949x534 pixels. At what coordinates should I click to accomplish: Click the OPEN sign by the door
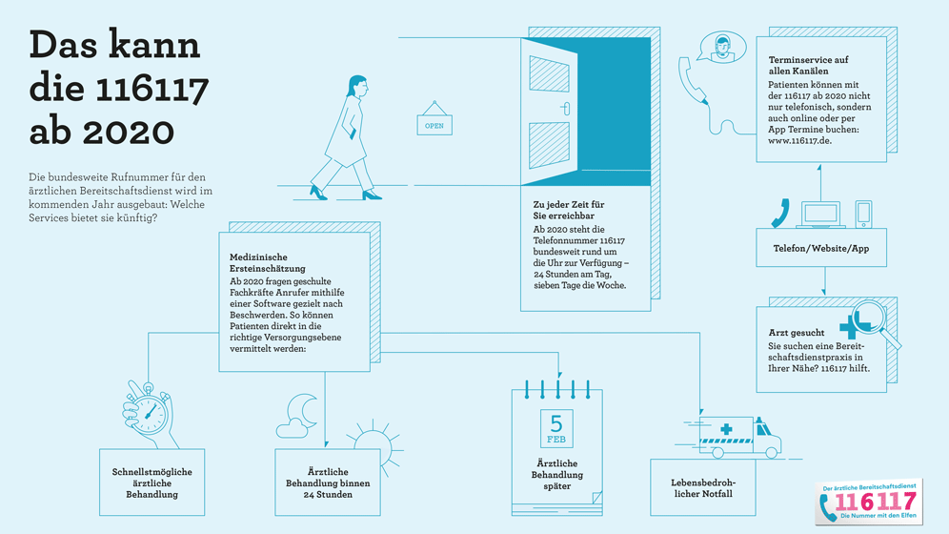434,125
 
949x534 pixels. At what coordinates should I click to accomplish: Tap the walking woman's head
355,86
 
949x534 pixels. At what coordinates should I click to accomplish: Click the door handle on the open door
564,108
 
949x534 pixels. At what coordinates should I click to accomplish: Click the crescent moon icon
304,409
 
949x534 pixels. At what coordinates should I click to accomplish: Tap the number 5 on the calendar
556,422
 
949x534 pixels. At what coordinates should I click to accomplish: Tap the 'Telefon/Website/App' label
820,249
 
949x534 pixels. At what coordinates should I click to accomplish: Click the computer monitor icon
820,214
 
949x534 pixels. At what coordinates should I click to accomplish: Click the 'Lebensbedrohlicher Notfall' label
702,487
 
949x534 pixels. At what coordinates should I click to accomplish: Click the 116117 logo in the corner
867,502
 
